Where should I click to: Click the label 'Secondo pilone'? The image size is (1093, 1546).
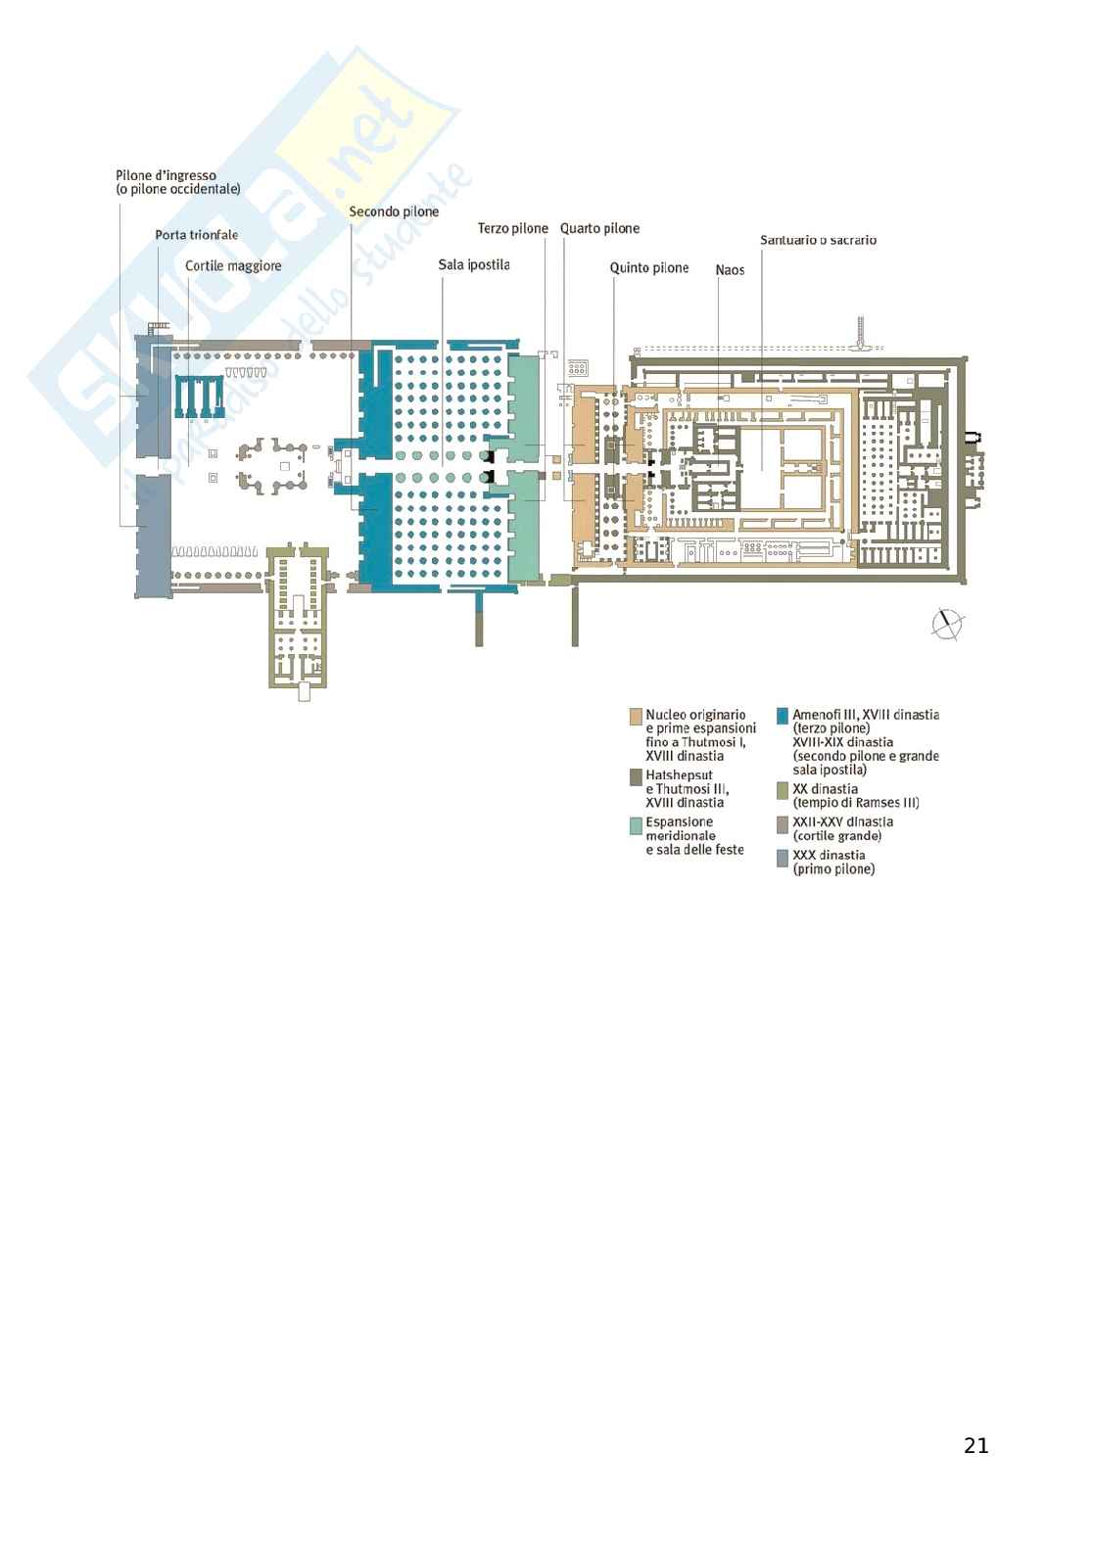click(x=394, y=211)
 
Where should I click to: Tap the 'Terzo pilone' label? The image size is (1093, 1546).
click(x=512, y=228)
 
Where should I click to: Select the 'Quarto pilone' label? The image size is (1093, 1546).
click(x=599, y=228)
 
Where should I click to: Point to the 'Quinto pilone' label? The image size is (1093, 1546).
click(x=649, y=268)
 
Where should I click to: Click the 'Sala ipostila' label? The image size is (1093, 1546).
click(x=474, y=265)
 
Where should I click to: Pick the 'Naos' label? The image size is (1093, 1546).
click(x=730, y=270)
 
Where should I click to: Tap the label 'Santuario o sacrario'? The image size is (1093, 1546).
click(x=818, y=240)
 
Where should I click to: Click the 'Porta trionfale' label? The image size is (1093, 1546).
click(x=196, y=235)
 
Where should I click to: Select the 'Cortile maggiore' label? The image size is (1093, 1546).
click(x=233, y=266)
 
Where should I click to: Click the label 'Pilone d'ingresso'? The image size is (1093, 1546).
click(x=166, y=176)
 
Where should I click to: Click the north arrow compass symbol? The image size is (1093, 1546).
click(x=947, y=625)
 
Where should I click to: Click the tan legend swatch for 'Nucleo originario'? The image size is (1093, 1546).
click(x=636, y=716)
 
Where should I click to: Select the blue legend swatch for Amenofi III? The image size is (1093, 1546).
click(x=783, y=716)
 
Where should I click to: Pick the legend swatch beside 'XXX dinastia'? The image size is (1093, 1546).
click(x=783, y=858)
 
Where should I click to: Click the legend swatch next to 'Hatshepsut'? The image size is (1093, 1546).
click(x=636, y=777)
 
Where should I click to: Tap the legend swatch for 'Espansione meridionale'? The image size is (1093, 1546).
click(x=636, y=825)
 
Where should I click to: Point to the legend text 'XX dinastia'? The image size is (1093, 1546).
click(x=825, y=789)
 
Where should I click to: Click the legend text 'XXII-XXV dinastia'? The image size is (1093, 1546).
click(x=842, y=822)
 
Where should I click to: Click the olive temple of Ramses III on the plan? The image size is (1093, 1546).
click(x=298, y=617)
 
